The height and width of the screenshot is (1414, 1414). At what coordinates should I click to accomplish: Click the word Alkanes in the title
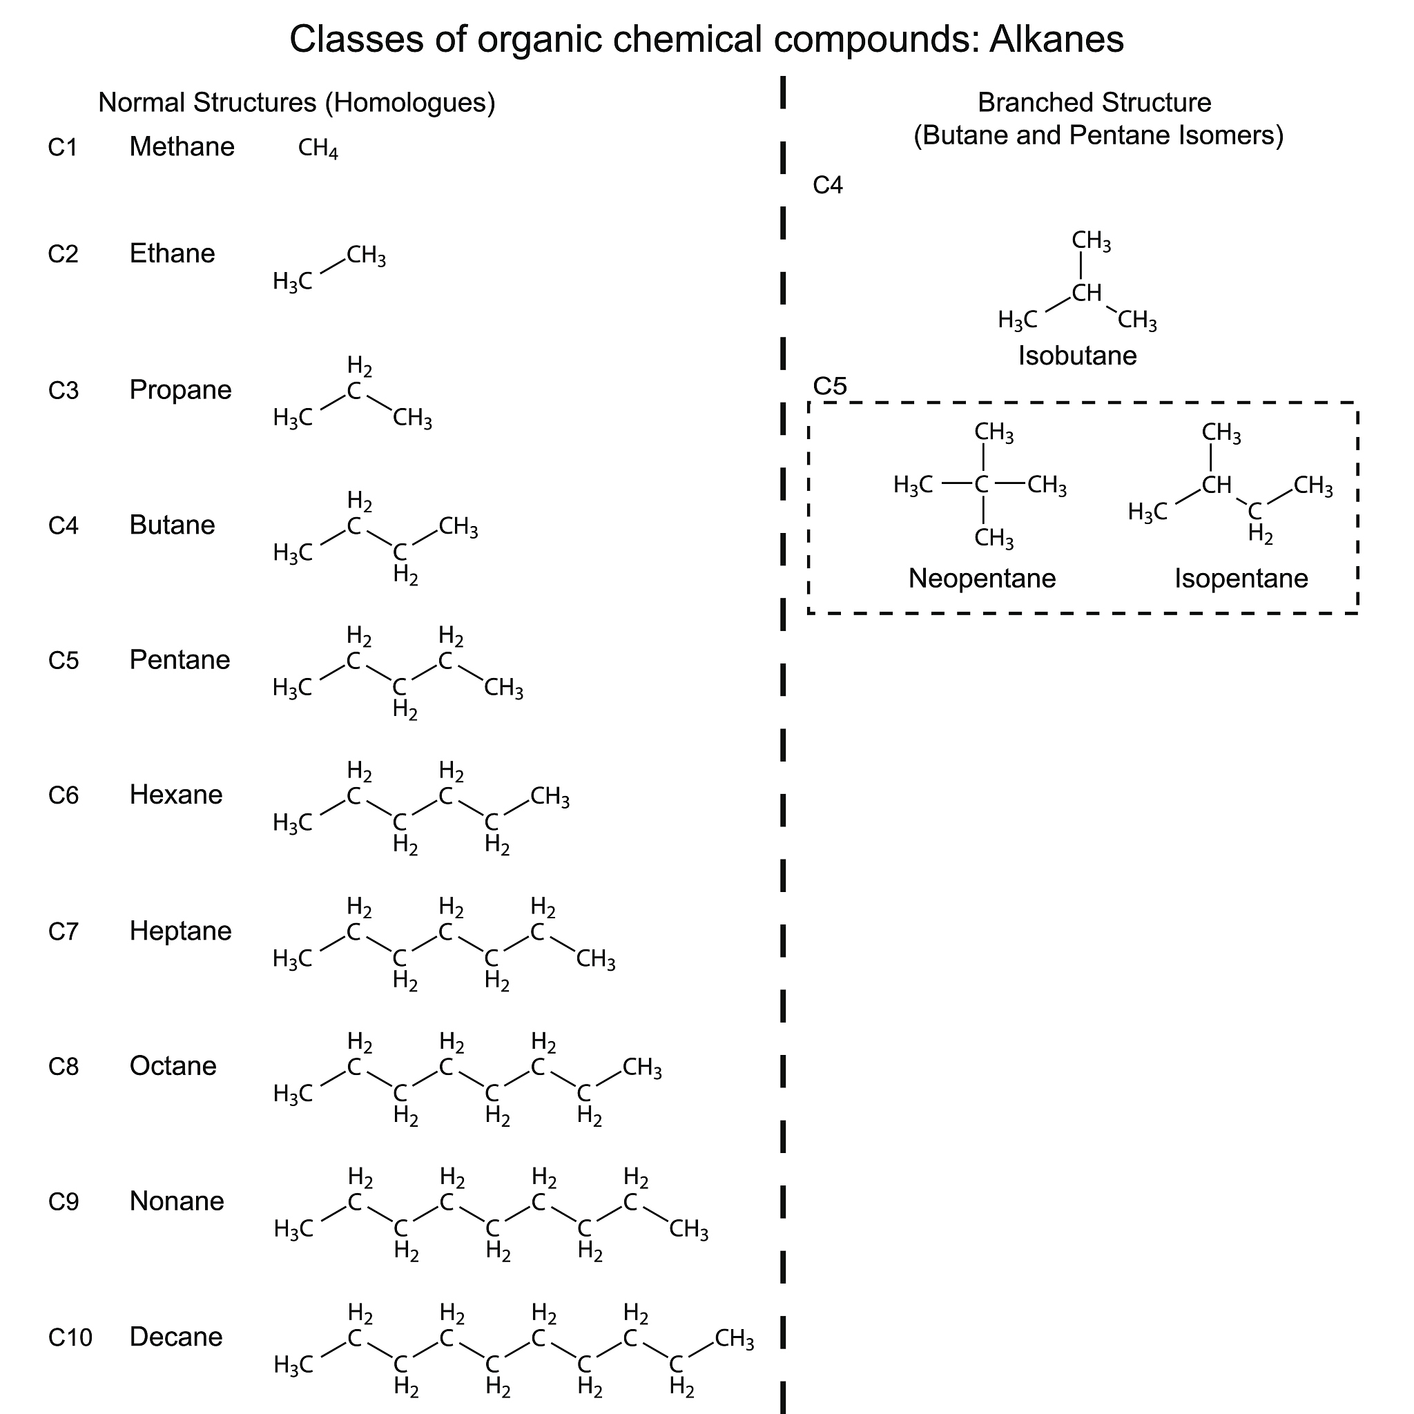(x=1056, y=39)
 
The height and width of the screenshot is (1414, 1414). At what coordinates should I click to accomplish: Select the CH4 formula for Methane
(x=318, y=148)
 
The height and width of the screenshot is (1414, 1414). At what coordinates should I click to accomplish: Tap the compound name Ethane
(x=172, y=254)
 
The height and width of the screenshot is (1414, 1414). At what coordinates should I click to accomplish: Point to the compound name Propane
(x=180, y=390)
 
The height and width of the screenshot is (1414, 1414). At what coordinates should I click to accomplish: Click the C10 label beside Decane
(x=70, y=1338)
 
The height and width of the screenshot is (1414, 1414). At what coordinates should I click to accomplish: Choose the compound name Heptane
(x=180, y=931)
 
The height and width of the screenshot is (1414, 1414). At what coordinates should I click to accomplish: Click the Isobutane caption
(x=1077, y=356)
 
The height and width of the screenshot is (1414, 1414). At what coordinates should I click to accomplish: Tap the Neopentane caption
(x=982, y=578)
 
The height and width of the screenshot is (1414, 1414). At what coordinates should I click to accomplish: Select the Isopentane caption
(x=1241, y=578)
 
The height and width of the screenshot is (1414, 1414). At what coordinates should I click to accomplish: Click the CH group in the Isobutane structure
(x=1086, y=293)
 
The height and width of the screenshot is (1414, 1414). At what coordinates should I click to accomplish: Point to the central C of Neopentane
(x=982, y=484)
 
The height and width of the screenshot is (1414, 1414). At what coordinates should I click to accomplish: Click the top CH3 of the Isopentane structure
(x=1221, y=434)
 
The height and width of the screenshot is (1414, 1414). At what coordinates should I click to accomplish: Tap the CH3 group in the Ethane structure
(x=365, y=256)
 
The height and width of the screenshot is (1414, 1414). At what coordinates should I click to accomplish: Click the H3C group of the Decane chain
(x=293, y=1365)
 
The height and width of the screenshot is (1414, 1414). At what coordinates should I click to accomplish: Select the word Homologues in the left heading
(x=411, y=103)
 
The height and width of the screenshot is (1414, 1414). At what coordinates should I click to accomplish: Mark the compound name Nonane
(x=176, y=1202)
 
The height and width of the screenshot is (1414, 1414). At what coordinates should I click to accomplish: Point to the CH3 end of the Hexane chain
(x=549, y=796)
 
